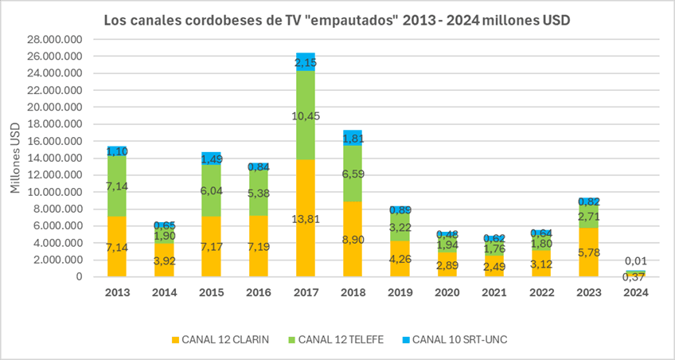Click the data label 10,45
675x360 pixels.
(x=306, y=116)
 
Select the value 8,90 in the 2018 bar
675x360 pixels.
(x=353, y=239)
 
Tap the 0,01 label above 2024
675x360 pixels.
(x=634, y=260)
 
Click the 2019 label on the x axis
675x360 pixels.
(x=400, y=292)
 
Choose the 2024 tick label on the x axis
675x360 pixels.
(x=634, y=292)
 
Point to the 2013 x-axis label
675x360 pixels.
(x=118, y=292)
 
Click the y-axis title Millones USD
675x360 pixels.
(x=16, y=158)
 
